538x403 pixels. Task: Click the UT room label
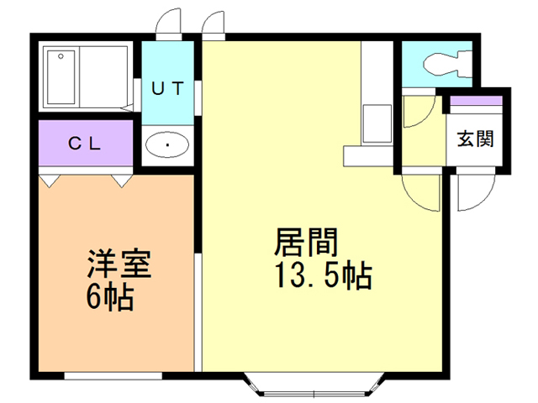[x=168, y=89]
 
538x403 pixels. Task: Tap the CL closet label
[x=84, y=144]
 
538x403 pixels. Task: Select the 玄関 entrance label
[x=475, y=139]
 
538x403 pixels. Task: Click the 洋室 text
[x=119, y=263]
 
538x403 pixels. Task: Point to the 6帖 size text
[x=109, y=296]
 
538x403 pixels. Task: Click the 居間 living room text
[x=306, y=243]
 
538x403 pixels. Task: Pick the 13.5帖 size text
[x=324, y=275]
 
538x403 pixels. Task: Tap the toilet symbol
[x=447, y=64]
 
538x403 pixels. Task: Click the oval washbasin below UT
[x=167, y=144]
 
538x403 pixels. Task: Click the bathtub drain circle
[x=61, y=56]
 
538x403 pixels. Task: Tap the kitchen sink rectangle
[x=377, y=123]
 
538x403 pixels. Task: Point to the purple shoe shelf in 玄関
[x=476, y=101]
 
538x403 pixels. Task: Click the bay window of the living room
[x=314, y=385]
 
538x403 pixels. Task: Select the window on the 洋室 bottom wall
[x=113, y=375]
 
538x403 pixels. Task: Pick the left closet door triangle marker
[x=50, y=181]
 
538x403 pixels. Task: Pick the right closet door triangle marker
[x=122, y=181]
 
